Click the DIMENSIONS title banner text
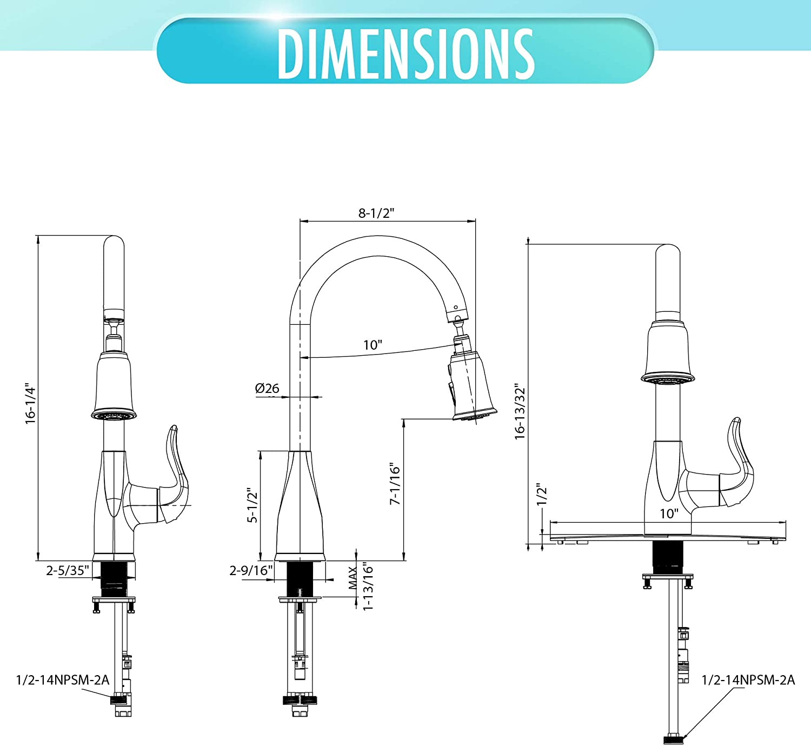tap(406, 54)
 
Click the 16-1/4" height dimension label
tap(31, 403)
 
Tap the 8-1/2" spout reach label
tap(376, 213)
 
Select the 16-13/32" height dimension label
tap(520, 412)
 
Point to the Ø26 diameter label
tap(267, 389)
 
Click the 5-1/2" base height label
tap(252, 505)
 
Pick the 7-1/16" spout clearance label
tap(395, 484)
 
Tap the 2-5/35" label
tap(68, 570)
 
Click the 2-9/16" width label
tap(251, 570)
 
